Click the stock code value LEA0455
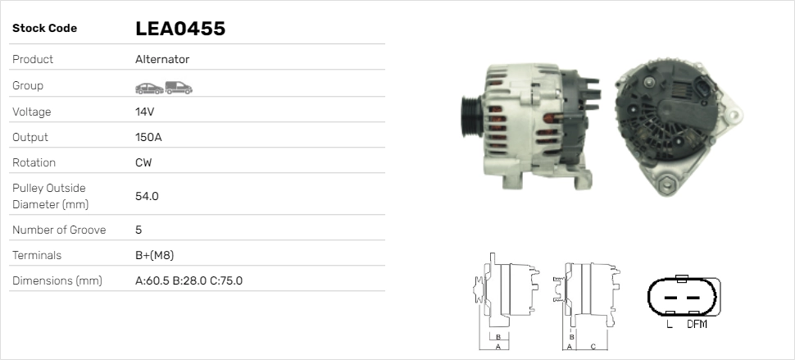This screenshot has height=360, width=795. pos(179,29)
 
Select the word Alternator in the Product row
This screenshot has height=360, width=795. pos(162,60)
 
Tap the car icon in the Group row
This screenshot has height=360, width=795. pos(148,87)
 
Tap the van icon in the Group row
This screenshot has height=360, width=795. pos(178,87)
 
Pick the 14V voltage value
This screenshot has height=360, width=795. pos(144,112)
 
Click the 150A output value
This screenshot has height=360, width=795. pos(148,137)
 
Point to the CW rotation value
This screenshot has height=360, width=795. pos(143,162)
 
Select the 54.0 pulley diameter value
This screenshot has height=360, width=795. pos(147,196)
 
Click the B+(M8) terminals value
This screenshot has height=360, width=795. pos(154,255)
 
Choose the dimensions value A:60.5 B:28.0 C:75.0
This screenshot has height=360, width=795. pos(189,280)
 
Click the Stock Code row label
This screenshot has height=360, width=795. pos(44,29)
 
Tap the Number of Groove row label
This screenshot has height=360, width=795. pos(59,230)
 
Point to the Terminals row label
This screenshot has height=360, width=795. pos(37,255)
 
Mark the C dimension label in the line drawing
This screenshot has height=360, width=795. pos(592,347)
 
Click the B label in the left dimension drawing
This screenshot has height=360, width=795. pos(497,337)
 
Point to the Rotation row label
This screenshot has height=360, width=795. pos(34,162)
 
